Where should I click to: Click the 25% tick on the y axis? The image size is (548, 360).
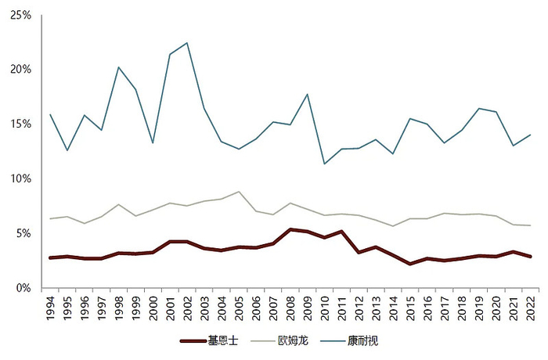click(x=21, y=15)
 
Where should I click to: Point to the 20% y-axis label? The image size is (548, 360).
click(x=21, y=70)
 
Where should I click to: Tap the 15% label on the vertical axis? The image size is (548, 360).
click(x=21, y=124)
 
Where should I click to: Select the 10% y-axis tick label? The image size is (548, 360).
click(x=21, y=179)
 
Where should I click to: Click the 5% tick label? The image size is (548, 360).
click(x=23, y=233)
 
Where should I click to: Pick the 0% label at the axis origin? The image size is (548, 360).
click(x=23, y=288)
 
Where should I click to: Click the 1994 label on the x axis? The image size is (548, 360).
click(x=50, y=307)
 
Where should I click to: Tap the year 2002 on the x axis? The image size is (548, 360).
click(x=188, y=307)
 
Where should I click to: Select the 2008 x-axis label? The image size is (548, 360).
click(x=290, y=307)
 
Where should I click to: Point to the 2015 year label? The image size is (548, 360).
click(x=410, y=307)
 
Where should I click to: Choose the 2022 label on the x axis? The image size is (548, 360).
click(x=531, y=307)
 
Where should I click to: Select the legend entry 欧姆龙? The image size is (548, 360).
click(x=291, y=341)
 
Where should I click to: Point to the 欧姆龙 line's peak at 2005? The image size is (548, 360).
click(x=239, y=192)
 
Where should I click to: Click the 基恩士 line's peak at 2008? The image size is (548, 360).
click(x=290, y=229)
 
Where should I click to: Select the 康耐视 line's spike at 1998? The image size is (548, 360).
click(x=119, y=67)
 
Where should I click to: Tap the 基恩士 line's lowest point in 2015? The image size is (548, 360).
click(x=410, y=264)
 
